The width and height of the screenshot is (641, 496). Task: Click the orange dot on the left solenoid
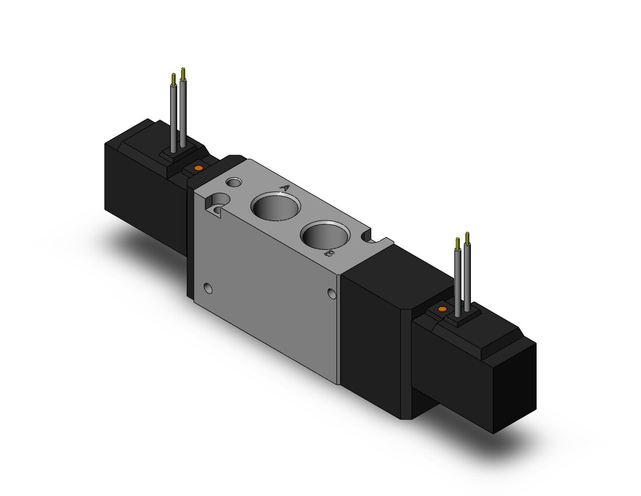198,168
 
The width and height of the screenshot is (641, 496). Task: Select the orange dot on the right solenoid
442,309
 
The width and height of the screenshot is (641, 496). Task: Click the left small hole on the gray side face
209,289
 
